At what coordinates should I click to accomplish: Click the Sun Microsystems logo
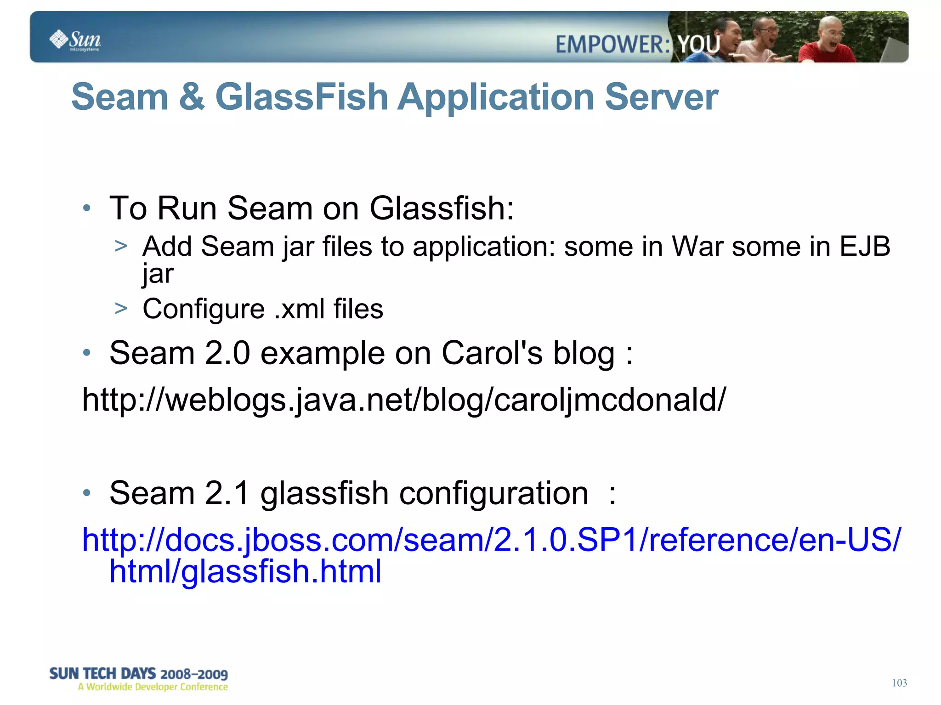[x=75, y=40]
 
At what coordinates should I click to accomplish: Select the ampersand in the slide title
[x=192, y=97]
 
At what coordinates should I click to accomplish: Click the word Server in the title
[x=661, y=97]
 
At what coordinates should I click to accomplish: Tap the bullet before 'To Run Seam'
[x=87, y=209]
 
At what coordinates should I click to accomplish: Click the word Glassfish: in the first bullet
[x=441, y=209]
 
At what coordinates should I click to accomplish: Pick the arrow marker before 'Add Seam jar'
[x=121, y=246]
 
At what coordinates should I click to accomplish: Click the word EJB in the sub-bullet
[x=865, y=247]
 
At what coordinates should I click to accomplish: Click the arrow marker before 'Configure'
[x=121, y=308]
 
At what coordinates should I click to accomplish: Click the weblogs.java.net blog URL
[x=403, y=400]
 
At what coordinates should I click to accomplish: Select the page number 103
[x=899, y=683]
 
